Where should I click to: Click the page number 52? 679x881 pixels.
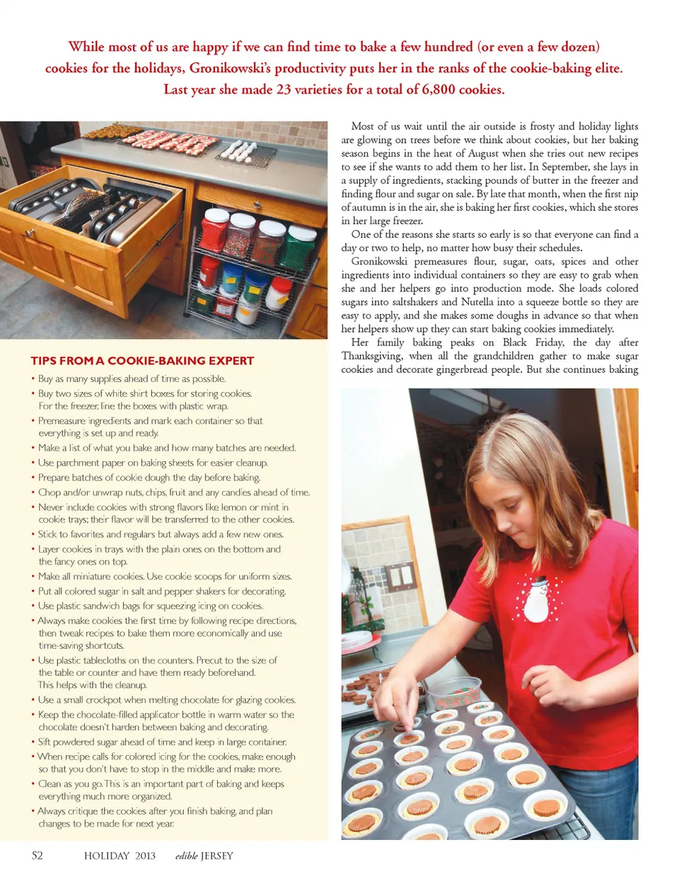[x=37, y=856]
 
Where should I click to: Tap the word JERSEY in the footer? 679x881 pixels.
[x=216, y=856]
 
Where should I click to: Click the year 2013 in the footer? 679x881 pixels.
[x=145, y=856]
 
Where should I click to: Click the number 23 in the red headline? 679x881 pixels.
[x=283, y=89]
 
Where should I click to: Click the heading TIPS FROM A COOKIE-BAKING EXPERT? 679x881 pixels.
[x=142, y=361]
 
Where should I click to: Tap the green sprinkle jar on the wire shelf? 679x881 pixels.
[x=302, y=246]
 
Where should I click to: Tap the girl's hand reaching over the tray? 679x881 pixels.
[x=403, y=708]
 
